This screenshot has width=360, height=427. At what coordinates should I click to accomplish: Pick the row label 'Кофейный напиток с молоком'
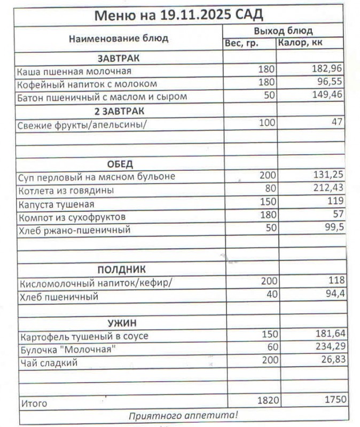pyautogui.click(x=87, y=84)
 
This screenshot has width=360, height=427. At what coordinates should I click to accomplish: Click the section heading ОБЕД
pyautogui.click(x=120, y=163)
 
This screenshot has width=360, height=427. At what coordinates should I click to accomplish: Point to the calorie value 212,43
pyautogui.click(x=327, y=187)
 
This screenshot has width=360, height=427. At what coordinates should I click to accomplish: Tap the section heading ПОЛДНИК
pyautogui.click(x=121, y=269)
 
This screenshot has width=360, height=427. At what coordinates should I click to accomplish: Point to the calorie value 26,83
pyautogui.click(x=329, y=360)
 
